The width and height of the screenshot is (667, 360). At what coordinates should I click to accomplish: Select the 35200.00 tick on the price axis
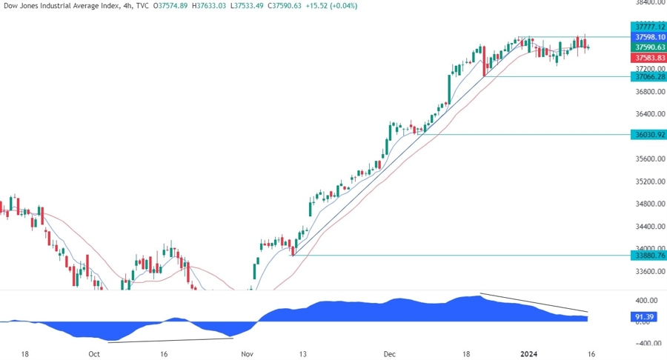click(x=646, y=181)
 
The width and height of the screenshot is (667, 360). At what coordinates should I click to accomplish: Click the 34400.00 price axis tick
click(x=646, y=227)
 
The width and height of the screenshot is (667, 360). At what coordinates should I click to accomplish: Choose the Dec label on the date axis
click(x=390, y=354)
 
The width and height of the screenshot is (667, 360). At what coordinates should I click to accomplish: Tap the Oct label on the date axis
click(x=94, y=354)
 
